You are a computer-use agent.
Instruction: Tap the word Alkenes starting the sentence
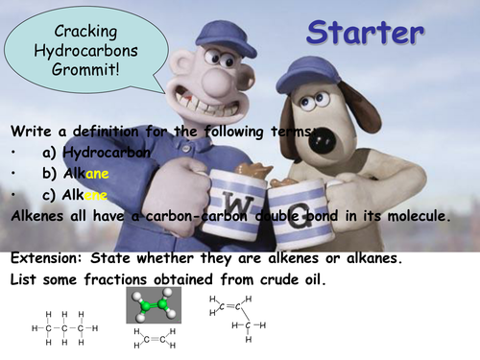[40, 216]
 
